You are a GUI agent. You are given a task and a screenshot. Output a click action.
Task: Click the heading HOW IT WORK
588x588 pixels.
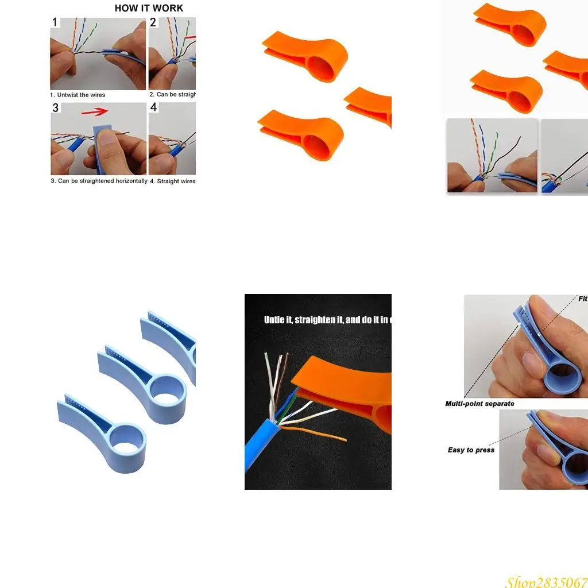point(149,8)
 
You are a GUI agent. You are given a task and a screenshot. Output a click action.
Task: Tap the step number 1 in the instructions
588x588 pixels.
point(55,23)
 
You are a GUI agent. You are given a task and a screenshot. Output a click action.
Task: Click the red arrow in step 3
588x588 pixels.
point(94,111)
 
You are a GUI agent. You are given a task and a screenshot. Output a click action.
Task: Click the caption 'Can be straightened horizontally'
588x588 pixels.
point(102,181)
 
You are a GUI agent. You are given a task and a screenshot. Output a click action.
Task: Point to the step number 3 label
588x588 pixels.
point(56,108)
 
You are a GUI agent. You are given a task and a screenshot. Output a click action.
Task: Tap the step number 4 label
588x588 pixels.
point(153,108)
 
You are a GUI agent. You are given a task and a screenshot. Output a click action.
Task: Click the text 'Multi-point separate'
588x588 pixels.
point(479,404)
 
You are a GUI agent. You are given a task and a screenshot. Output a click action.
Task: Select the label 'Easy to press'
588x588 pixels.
point(471,450)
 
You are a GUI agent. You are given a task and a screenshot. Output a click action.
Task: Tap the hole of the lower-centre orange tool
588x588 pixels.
point(319,142)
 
